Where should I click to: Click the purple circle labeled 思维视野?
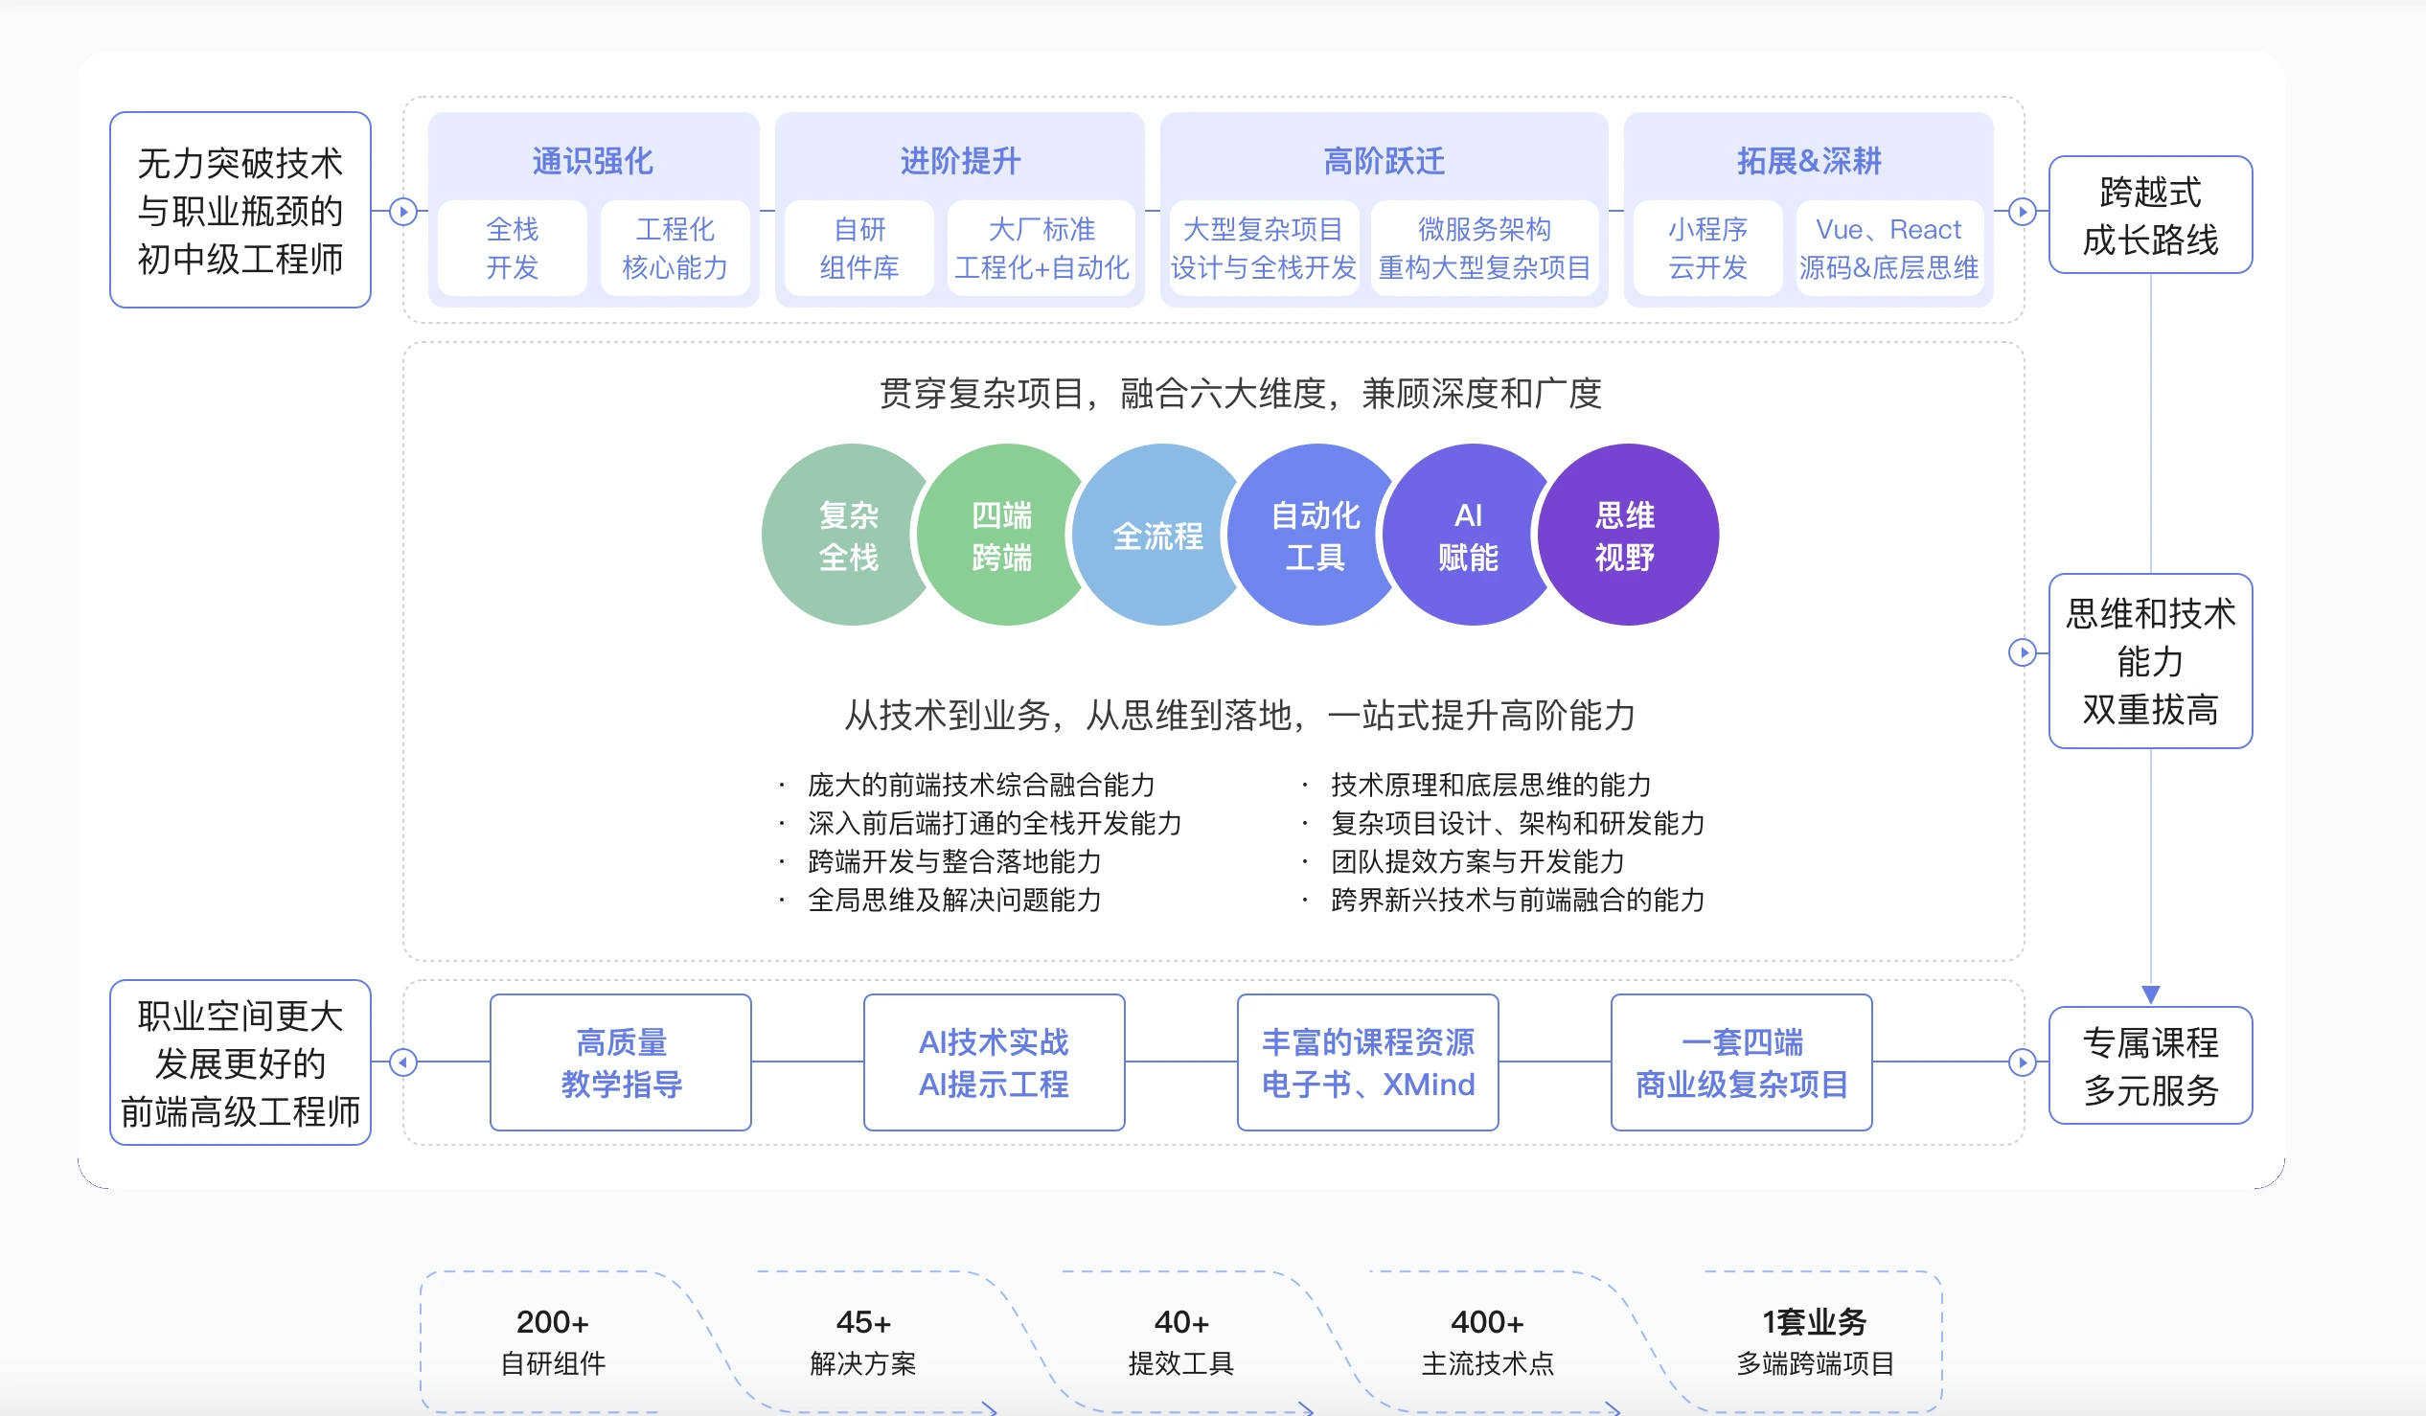1627,536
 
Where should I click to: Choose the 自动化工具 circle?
1316,536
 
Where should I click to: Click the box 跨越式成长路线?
2150,216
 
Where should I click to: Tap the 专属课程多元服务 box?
2150,1065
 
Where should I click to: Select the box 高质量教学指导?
621,1062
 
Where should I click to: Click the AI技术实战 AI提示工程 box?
994,1062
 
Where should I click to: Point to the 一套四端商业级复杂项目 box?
1741,1062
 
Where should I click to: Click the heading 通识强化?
593,161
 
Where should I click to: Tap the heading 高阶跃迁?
1384,161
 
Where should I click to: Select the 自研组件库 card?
858,248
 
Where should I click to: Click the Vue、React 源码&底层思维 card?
1888,248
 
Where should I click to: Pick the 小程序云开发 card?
1706,248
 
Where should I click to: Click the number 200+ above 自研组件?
552,1322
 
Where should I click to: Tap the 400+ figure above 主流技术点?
1486,1322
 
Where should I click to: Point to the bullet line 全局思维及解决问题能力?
954,900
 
